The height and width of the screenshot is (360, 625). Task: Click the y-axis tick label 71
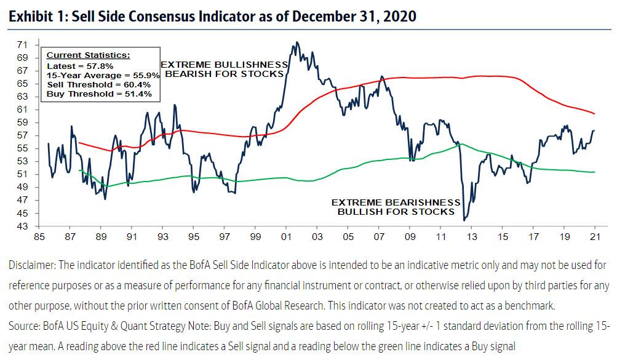point(22,45)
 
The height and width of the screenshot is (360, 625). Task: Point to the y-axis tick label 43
point(22,226)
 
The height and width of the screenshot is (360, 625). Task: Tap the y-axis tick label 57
point(22,135)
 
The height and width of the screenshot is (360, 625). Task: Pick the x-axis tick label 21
point(595,236)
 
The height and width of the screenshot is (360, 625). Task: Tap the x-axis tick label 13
point(471,236)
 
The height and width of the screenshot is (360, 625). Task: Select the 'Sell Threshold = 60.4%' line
point(95,84)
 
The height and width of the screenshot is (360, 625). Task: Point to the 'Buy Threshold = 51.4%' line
point(94,94)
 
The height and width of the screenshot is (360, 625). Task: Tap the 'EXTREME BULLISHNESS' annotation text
point(224,65)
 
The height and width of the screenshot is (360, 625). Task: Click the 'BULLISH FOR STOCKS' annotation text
point(396,212)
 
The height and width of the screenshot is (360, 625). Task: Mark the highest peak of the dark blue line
point(297,42)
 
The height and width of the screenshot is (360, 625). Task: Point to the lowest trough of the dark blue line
point(464,220)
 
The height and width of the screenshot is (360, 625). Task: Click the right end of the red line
point(594,114)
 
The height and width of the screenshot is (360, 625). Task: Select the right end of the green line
point(594,172)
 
